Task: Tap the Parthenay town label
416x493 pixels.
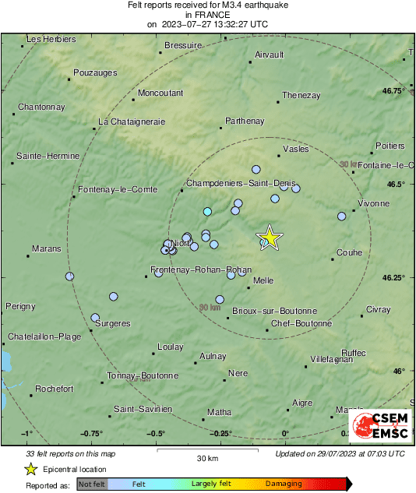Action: [x=245, y=121]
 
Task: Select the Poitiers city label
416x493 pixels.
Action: [x=390, y=146]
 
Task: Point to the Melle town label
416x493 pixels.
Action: [x=263, y=280]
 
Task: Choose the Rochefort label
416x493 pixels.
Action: [x=55, y=389]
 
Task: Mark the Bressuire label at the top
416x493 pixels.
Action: [x=183, y=46]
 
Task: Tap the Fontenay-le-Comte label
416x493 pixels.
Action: [x=118, y=189]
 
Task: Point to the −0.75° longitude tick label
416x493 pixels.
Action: [x=91, y=434]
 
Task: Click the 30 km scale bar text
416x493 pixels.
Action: [x=206, y=457]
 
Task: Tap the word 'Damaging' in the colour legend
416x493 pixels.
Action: [x=284, y=484]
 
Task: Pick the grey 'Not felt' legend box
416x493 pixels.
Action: [x=91, y=484]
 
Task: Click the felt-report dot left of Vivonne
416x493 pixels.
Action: [x=341, y=217]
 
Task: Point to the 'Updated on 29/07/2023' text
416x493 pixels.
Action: [x=340, y=453]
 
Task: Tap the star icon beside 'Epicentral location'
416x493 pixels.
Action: [x=30, y=469]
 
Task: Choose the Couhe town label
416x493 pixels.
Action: [x=349, y=252]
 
